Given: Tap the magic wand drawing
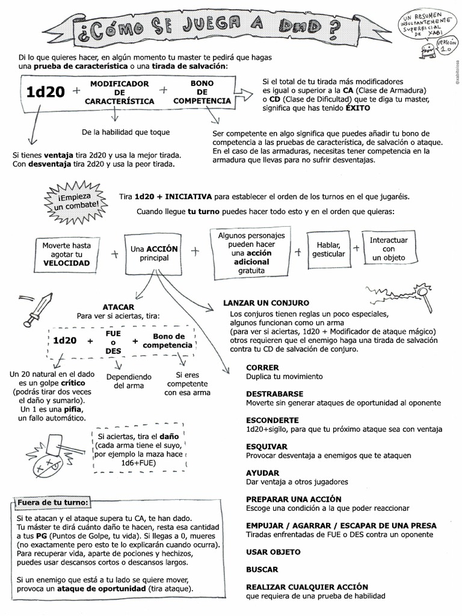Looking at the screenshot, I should [x=400, y=295].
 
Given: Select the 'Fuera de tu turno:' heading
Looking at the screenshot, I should [x=53, y=502].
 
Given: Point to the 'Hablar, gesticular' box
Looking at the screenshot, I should [x=328, y=250].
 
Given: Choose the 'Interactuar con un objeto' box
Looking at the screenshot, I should [x=388, y=248].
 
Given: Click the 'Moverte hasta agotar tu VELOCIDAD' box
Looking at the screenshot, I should [x=66, y=254].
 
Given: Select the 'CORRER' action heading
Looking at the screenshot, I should [x=262, y=368].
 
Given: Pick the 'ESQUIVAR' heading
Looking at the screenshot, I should [x=266, y=446].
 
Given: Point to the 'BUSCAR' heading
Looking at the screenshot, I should [x=262, y=569].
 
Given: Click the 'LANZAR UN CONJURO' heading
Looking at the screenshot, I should [x=266, y=303].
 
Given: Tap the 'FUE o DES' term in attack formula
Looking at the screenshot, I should [x=113, y=341].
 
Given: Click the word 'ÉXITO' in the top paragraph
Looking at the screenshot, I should [x=358, y=108].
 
